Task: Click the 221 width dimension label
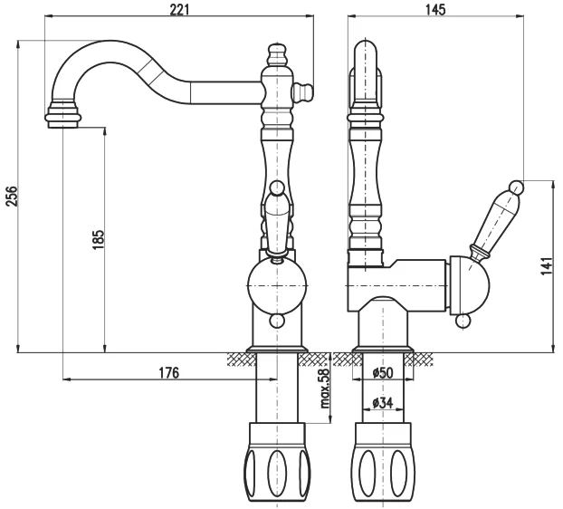(179, 9)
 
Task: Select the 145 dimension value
(435, 9)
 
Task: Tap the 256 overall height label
(12, 196)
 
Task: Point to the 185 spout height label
(98, 239)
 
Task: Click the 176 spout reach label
(168, 372)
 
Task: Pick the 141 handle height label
(547, 265)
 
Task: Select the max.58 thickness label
(325, 389)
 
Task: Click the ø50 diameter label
(383, 372)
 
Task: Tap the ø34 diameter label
(383, 403)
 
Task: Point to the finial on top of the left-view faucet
(277, 54)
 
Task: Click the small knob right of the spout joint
(304, 92)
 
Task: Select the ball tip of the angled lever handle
(517, 187)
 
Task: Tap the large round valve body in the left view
(277, 285)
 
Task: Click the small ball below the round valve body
(277, 321)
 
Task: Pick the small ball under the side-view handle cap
(463, 321)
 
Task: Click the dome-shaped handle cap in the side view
(470, 283)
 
